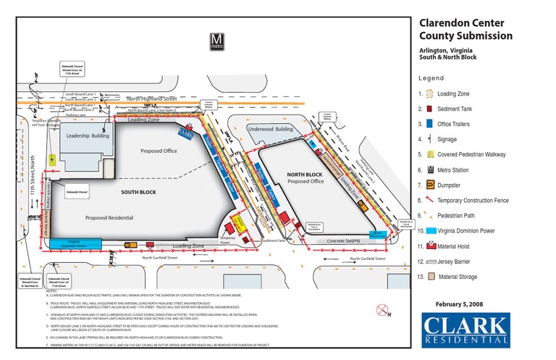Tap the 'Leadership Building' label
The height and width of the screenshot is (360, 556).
[x=88, y=136]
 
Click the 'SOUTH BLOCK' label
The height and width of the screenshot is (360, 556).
[x=130, y=191]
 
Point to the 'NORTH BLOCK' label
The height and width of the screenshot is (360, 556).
[x=304, y=175]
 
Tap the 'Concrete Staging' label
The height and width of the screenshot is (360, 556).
[x=343, y=240]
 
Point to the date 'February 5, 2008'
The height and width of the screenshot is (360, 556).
[x=464, y=304]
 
